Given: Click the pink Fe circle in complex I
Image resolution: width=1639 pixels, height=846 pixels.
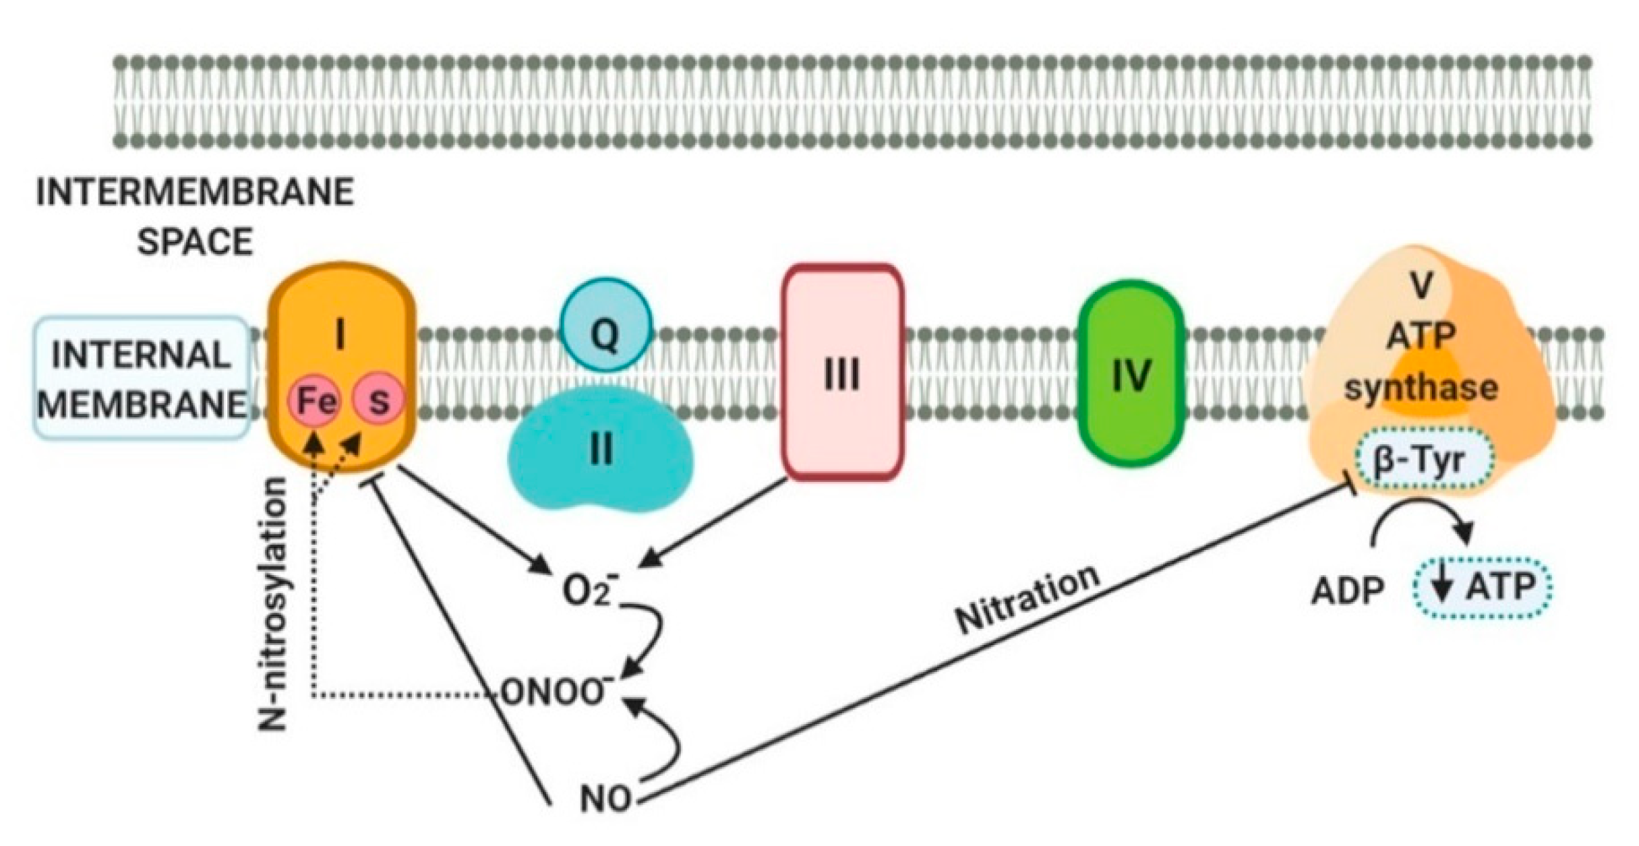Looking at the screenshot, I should coord(314,402).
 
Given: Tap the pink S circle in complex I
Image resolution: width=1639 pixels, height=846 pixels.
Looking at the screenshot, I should coord(379,402).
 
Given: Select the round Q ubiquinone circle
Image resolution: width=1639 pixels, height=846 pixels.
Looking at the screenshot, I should coord(606,329).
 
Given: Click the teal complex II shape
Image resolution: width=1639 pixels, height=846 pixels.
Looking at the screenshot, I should coord(599,459).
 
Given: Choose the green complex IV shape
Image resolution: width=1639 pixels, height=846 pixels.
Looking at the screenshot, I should coord(1131,374).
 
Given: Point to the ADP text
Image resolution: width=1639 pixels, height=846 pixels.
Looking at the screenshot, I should coord(1347,591).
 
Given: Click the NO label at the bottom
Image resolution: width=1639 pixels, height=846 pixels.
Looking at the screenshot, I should coord(605,799).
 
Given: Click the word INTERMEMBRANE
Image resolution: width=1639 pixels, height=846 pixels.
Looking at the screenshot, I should coord(196,193).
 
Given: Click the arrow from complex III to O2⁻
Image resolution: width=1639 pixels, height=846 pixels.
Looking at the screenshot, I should coord(715,522).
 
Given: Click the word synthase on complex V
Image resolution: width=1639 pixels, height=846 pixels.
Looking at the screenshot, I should coord(1421,388).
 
